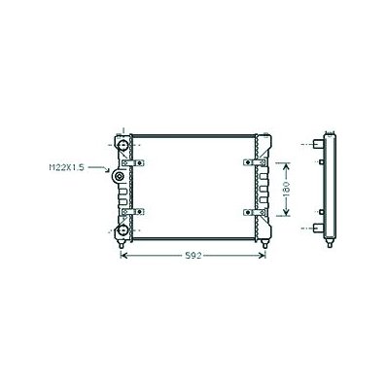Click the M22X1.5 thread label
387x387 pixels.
66,167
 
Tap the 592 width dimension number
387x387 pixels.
193,256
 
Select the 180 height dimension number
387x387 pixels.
286,189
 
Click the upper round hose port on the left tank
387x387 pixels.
123,145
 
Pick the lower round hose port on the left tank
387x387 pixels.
123,230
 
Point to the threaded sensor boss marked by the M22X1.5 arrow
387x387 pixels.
119,176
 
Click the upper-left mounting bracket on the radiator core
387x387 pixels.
133,162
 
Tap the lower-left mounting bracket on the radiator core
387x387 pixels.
133,212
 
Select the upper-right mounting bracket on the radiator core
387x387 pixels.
255,162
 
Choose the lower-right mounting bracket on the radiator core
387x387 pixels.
255,212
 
